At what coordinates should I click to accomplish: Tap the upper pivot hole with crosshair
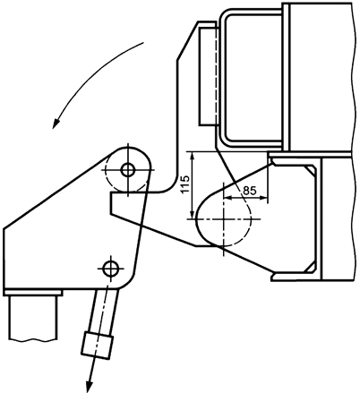(127, 168)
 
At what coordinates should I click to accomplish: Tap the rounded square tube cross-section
(252, 76)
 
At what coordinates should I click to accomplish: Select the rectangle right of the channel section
(338, 219)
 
